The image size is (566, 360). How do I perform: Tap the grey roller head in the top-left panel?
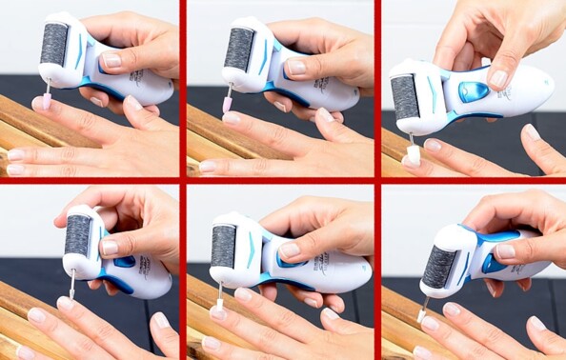(x=54, y=45)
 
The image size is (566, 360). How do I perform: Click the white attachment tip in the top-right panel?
(x=414, y=150)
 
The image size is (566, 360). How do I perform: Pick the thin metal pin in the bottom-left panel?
(x=72, y=283)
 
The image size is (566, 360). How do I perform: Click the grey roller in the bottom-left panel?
(x=78, y=234)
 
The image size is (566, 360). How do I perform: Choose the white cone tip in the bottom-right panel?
(x=423, y=310)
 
